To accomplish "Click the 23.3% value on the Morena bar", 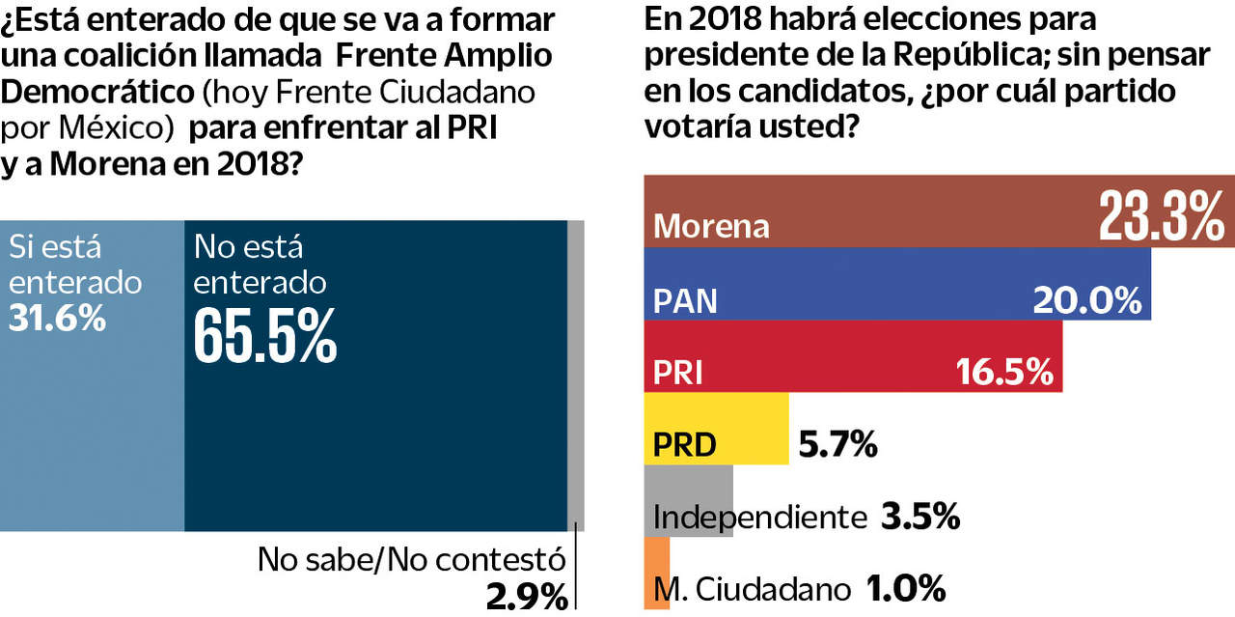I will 1162,215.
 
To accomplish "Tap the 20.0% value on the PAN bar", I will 1086,300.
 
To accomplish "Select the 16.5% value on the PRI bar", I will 1003,372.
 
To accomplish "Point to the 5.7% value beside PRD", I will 837,445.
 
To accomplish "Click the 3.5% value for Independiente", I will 919,517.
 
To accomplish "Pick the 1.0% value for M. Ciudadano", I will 905,587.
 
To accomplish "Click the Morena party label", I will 712,226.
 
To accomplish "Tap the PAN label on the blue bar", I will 685,301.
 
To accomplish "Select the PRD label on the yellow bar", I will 685,445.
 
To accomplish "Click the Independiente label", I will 760,518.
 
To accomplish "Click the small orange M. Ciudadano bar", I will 656,574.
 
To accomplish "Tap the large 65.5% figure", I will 265,334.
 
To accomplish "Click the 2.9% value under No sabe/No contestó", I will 527,597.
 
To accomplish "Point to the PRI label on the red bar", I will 677,373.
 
